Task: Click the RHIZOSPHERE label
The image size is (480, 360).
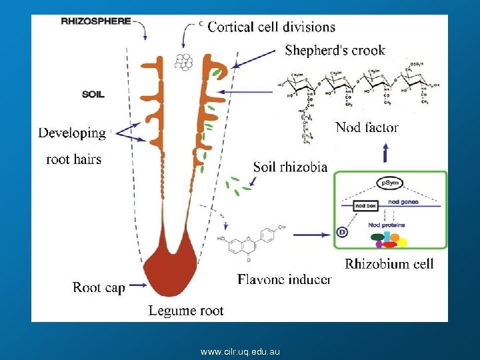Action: (95, 21)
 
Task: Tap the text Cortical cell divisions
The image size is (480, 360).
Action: (271, 27)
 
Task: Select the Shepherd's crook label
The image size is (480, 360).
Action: (335, 50)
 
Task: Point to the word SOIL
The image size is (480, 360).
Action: (93, 94)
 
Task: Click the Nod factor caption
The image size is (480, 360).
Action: (367, 127)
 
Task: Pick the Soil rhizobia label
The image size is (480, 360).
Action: (290, 167)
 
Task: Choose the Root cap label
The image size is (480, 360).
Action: (99, 287)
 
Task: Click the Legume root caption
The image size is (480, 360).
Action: (186, 310)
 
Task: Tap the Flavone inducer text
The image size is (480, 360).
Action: (284, 279)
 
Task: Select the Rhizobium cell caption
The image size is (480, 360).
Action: (389, 263)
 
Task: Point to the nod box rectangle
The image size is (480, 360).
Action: (365, 206)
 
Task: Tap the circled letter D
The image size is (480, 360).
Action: (342, 232)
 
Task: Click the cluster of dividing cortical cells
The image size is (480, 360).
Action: (183, 61)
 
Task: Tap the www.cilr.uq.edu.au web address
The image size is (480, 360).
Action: (240, 351)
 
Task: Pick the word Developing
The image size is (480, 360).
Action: (72, 133)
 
